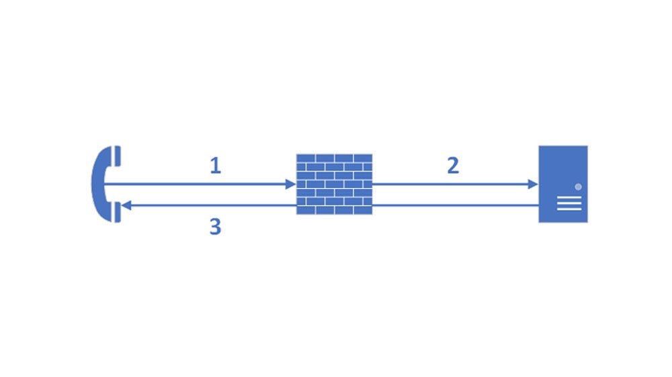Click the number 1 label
(x=215, y=166)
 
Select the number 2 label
(x=453, y=166)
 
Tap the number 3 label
(x=215, y=227)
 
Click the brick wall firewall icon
(x=334, y=184)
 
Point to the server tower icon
(x=563, y=184)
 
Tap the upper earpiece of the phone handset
(x=117, y=156)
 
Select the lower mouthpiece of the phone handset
(x=117, y=212)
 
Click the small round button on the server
(x=578, y=186)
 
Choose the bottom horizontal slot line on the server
(x=569, y=209)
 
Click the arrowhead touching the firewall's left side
(x=290, y=184)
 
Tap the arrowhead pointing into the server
(x=533, y=184)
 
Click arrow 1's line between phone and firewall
(x=202, y=184)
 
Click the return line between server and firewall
(x=457, y=205)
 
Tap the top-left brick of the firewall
(x=306, y=158)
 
